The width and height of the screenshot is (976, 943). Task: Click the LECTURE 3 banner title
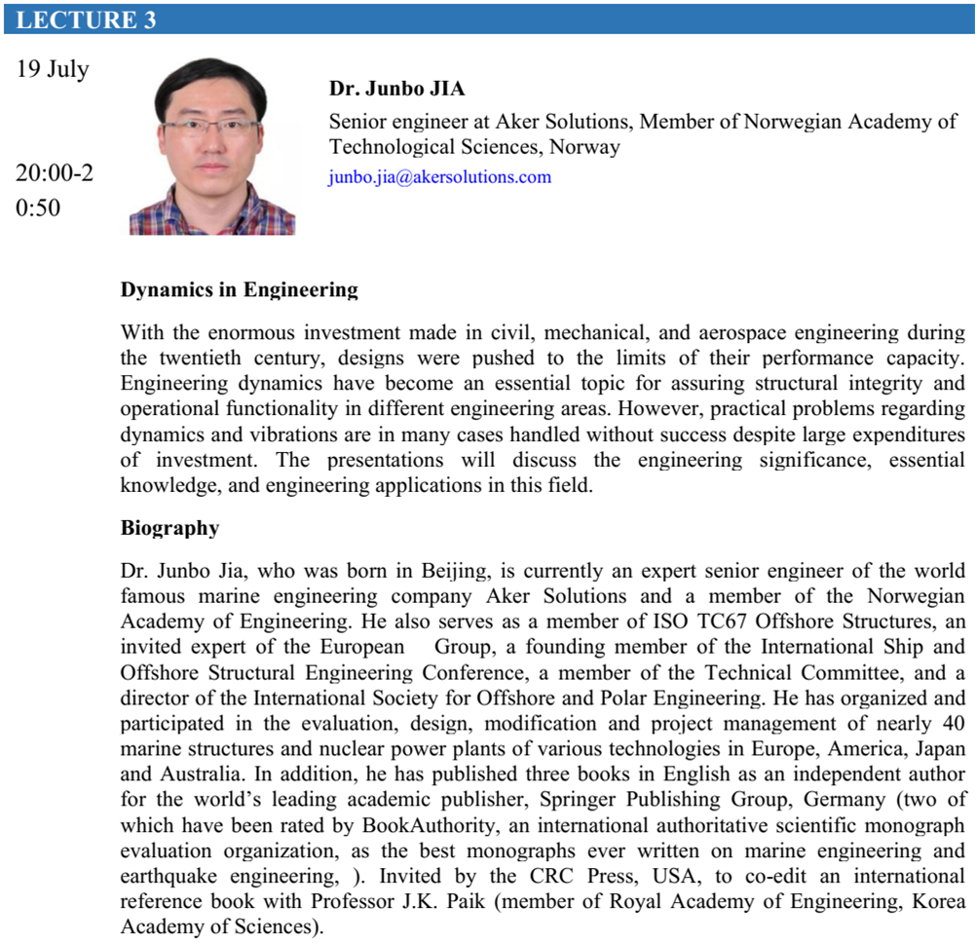[x=86, y=19]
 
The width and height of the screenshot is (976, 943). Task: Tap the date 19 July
[x=53, y=69]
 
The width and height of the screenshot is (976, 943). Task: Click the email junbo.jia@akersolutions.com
[x=440, y=177]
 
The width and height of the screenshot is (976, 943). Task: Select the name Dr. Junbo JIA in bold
[x=397, y=89]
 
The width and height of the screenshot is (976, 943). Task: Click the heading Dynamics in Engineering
[x=240, y=289]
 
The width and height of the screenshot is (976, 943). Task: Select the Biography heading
[x=169, y=528]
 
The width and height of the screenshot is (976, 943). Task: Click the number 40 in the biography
[x=954, y=723]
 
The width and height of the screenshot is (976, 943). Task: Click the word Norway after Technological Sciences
[x=584, y=148]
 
